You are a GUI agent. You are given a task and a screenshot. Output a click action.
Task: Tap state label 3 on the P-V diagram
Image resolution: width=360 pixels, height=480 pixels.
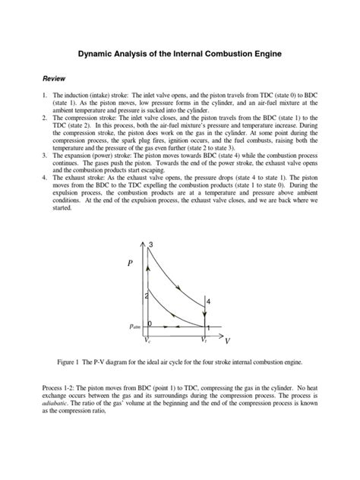[151, 244]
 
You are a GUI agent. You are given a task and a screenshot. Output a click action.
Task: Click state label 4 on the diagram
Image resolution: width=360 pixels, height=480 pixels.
[208, 302]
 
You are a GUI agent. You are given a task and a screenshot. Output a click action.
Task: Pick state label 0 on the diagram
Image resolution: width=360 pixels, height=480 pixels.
[150, 324]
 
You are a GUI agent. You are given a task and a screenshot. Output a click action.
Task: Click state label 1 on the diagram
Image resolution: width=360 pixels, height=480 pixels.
[207, 328]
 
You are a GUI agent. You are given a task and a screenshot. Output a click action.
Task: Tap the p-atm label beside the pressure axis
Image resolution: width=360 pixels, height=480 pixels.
[135, 326]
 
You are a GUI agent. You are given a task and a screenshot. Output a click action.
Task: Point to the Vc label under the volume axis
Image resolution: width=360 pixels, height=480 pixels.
[148, 341]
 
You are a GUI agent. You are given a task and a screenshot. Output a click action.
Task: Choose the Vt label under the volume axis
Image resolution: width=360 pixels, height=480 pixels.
[203, 341]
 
